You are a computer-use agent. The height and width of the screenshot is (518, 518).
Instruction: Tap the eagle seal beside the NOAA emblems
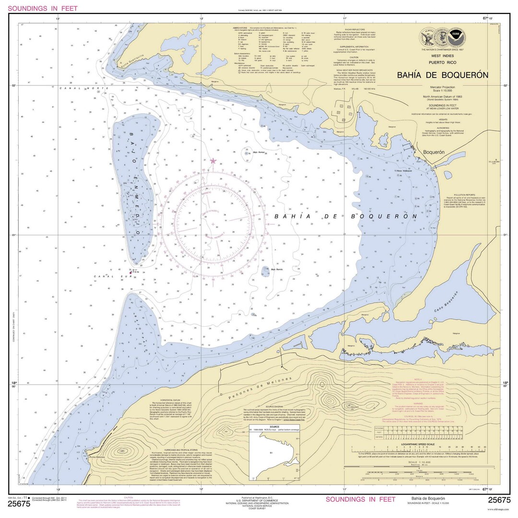tap(426, 37)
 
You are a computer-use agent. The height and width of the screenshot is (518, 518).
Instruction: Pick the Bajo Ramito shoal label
tap(277, 270)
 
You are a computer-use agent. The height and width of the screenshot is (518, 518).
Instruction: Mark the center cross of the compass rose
tap(213, 224)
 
